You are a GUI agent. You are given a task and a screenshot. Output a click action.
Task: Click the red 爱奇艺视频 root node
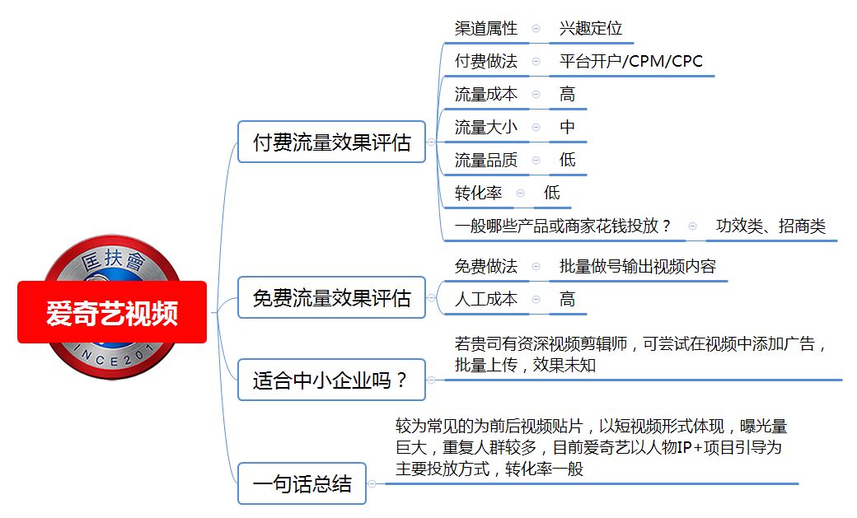[x=112, y=313]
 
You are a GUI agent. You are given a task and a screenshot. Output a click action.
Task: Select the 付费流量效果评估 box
[x=332, y=142]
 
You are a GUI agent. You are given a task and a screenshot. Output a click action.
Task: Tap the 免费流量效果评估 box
[x=332, y=298]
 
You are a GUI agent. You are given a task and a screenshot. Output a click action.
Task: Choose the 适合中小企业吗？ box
[x=332, y=380]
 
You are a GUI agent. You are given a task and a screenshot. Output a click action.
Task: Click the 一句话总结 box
[x=302, y=483]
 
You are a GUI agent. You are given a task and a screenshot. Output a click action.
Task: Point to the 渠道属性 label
[x=486, y=28]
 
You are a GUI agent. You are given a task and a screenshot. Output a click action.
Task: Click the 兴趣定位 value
[x=591, y=28]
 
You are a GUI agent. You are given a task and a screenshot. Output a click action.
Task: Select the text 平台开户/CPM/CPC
[x=631, y=61]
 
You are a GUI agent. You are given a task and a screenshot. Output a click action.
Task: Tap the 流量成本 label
[x=486, y=94]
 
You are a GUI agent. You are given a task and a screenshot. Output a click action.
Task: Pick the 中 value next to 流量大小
[x=567, y=127]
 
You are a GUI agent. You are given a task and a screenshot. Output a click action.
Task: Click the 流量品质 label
[x=486, y=160]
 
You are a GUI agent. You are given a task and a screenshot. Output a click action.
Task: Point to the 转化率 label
[x=478, y=193]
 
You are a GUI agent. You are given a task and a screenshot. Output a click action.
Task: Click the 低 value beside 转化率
[x=552, y=193]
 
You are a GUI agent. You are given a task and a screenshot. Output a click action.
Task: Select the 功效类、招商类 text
[x=770, y=225]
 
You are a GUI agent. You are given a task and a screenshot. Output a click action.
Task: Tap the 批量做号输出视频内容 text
[x=638, y=266]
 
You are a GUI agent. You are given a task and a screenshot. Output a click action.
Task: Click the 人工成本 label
[x=486, y=299]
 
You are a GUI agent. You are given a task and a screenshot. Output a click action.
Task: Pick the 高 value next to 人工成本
[x=567, y=299]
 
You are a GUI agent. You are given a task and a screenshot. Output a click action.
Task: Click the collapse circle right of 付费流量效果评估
[x=431, y=142]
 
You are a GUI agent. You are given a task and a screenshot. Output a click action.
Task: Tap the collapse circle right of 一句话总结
[x=372, y=483]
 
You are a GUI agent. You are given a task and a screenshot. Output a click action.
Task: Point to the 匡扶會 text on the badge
[x=113, y=260]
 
